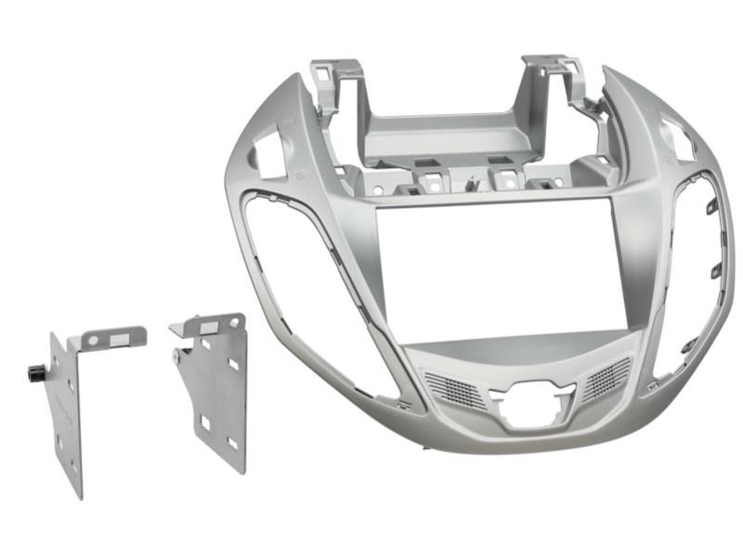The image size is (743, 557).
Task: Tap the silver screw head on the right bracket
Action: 176,354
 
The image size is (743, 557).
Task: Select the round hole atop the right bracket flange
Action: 232,322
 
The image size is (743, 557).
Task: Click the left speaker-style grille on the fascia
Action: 455,389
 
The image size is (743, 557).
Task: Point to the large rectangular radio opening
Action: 492,269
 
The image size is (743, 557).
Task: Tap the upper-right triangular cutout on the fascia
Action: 679,136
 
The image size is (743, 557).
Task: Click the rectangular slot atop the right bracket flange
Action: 209,327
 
